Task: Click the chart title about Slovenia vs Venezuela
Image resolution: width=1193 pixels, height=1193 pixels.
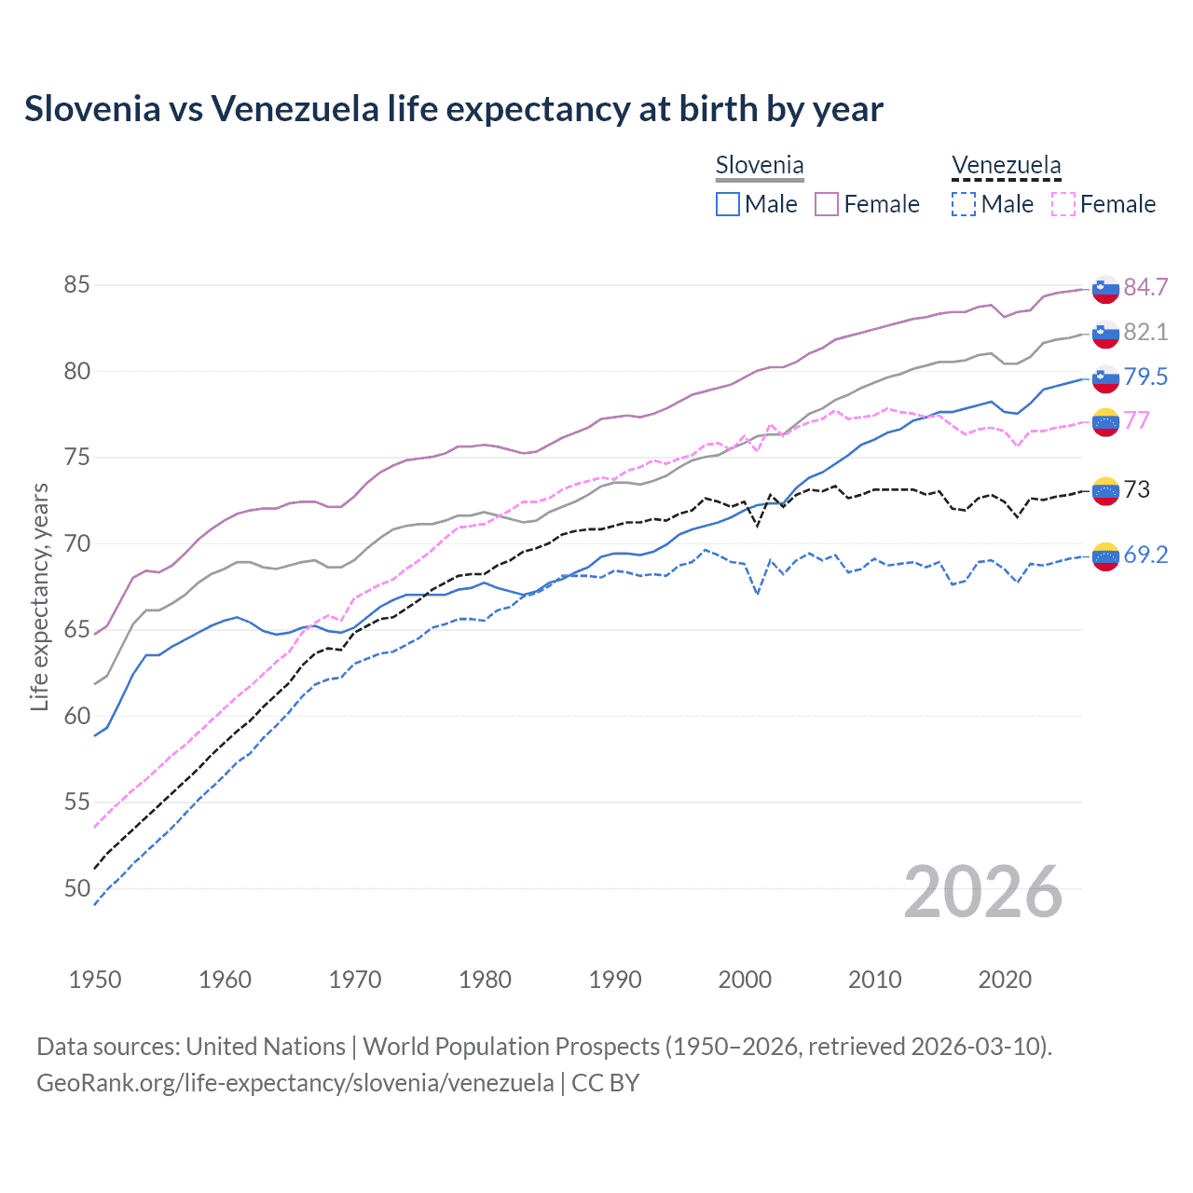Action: (453, 109)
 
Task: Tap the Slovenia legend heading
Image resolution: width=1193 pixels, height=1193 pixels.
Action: (759, 166)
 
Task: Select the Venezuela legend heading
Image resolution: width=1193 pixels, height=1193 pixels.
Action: (1006, 166)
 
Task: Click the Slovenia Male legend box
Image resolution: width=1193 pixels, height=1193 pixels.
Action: (728, 204)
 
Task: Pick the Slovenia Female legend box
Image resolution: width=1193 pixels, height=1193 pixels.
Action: (827, 204)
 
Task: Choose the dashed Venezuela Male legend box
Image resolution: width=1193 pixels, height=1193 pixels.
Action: (964, 204)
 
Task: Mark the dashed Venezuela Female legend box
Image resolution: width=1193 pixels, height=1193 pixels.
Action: (1063, 204)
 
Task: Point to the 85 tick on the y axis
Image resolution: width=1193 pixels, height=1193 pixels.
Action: (76, 284)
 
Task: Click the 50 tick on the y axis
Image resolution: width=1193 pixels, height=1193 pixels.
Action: (76, 888)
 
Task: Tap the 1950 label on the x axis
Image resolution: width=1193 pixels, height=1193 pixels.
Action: (95, 980)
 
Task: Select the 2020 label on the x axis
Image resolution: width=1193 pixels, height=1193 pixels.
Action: (1005, 980)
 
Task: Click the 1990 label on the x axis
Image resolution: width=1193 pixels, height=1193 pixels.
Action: (615, 980)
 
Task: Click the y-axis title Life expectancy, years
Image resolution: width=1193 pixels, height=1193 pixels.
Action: (39, 596)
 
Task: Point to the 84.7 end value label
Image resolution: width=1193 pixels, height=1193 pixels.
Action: (1145, 287)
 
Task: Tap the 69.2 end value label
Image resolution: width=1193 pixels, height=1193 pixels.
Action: (1145, 555)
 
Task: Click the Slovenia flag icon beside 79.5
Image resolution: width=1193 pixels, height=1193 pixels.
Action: (1105, 377)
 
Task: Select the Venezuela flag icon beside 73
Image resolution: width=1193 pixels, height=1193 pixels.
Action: (1105, 490)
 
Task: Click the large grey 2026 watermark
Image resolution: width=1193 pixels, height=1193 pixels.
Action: (982, 892)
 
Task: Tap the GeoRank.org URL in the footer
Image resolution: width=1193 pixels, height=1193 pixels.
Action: (295, 1083)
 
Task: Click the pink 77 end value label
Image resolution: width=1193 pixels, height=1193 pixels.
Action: (1136, 420)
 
